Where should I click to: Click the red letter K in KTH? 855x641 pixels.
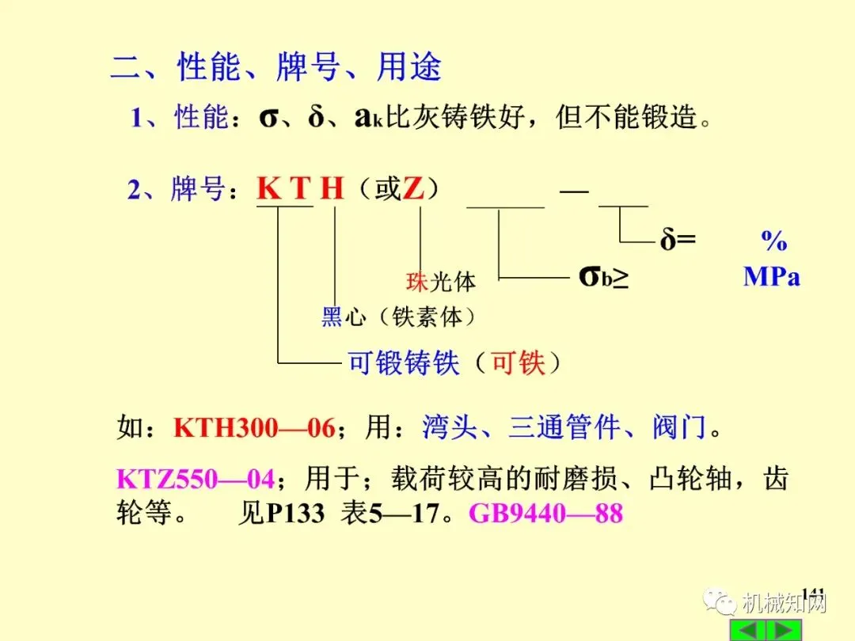pos(269,190)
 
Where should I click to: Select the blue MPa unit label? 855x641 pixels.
pos(771,277)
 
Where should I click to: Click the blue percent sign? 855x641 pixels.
pos(773,240)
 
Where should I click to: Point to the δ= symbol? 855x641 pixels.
pos(678,240)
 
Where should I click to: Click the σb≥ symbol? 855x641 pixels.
pos(604,277)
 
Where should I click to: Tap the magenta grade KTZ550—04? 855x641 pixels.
pos(195,480)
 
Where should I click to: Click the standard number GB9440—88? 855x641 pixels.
pos(546,514)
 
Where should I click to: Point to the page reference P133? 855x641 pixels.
pos(295,514)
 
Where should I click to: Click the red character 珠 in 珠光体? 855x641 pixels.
pos(417,282)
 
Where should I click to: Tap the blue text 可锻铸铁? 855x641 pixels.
pos(404,363)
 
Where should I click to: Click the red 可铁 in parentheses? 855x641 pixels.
pos(519,363)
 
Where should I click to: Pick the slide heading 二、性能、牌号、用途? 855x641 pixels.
pos(275,68)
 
